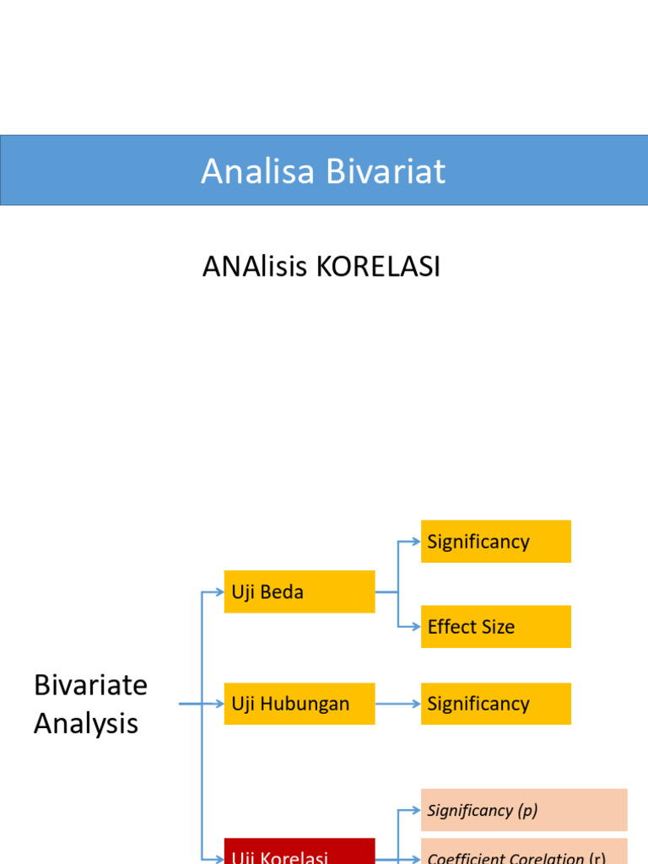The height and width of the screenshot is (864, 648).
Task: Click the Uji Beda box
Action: (299, 591)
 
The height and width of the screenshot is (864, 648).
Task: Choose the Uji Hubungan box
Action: (299, 704)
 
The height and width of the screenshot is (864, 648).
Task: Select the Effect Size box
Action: (495, 627)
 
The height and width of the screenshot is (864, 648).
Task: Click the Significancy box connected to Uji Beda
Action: (495, 542)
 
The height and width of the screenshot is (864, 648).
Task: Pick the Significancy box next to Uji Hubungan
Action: (495, 704)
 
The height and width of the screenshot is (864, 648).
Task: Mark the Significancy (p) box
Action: (523, 810)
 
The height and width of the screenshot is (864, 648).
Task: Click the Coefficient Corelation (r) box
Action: (523, 854)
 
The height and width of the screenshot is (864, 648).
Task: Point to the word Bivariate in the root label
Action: (90, 685)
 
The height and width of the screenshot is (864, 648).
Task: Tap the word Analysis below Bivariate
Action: (85, 724)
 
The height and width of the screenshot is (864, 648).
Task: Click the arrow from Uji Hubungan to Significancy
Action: (397, 704)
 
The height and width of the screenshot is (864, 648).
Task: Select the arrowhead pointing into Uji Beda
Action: (219, 591)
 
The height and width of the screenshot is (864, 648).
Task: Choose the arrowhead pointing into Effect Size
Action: (415, 627)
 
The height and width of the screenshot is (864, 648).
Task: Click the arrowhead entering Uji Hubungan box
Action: (219, 704)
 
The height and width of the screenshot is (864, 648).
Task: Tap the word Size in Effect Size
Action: (497, 627)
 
